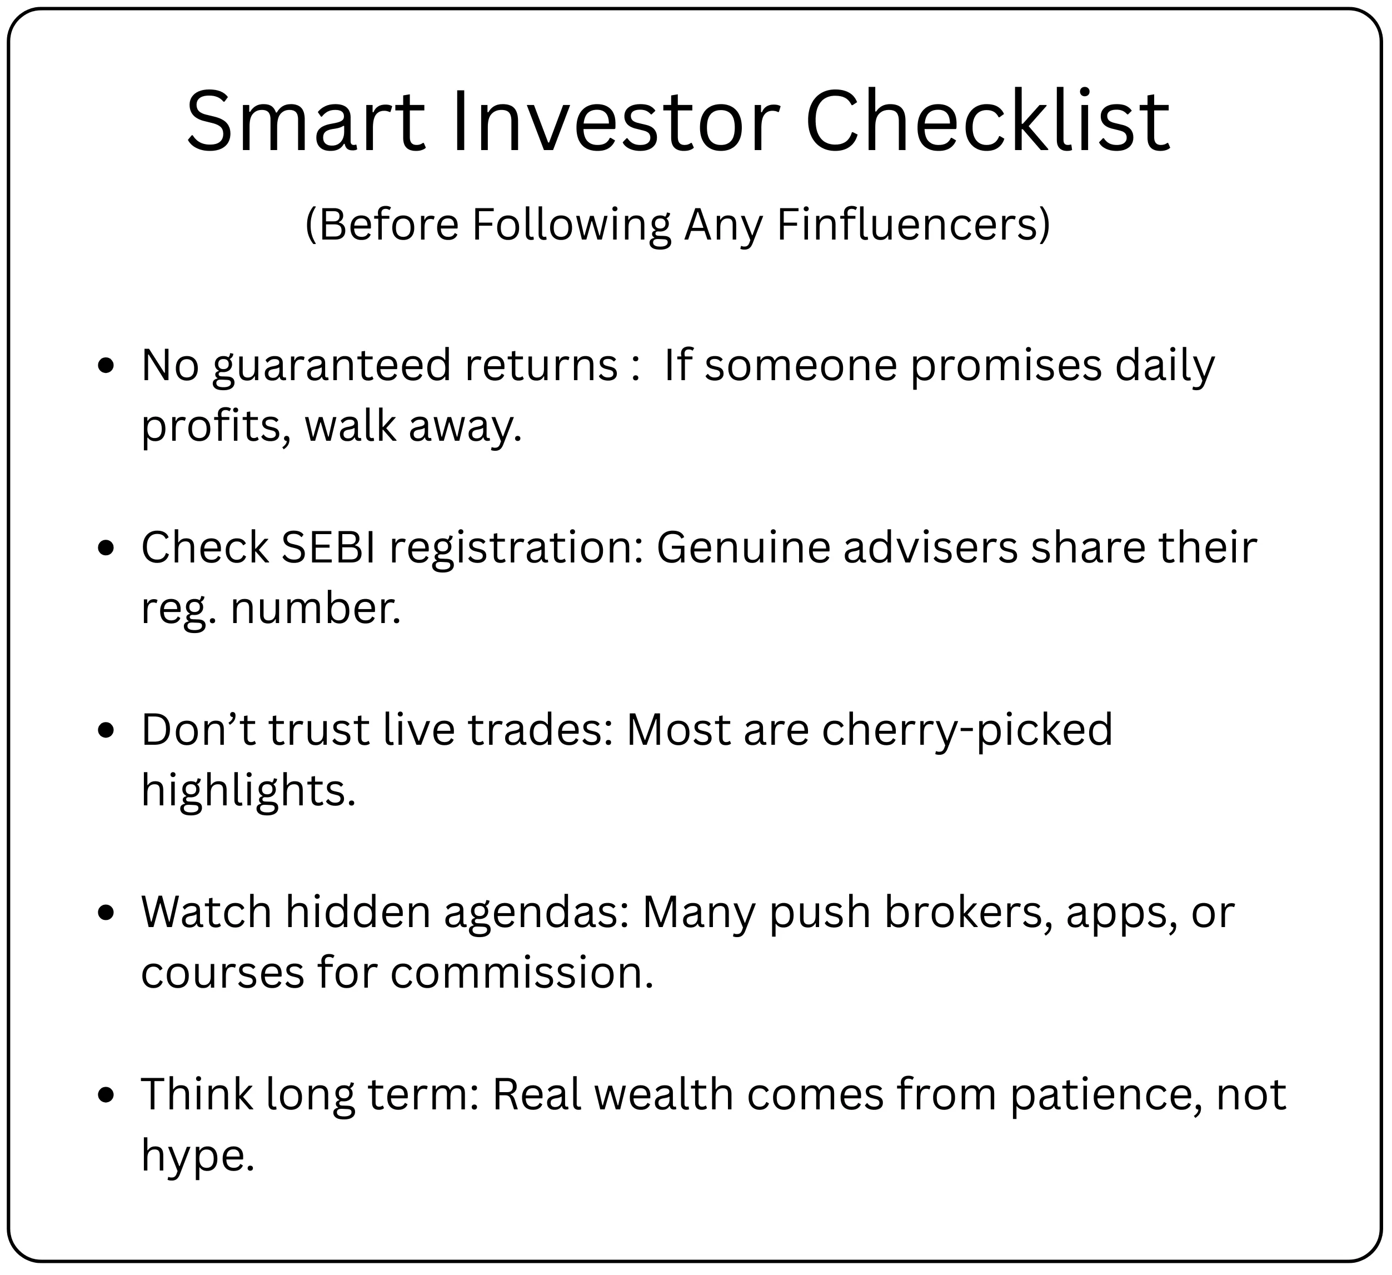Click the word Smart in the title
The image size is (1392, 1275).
click(x=306, y=122)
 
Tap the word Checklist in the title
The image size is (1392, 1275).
click(x=987, y=122)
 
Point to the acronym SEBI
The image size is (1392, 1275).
click(x=328, y=547)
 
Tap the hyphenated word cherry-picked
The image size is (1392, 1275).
click(x=967, y=730)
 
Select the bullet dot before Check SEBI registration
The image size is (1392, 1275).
click(x=106, y=549)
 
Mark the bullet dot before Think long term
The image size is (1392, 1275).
click(x=106, y=1095)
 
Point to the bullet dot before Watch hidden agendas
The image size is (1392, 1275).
click(x=106, y=913)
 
